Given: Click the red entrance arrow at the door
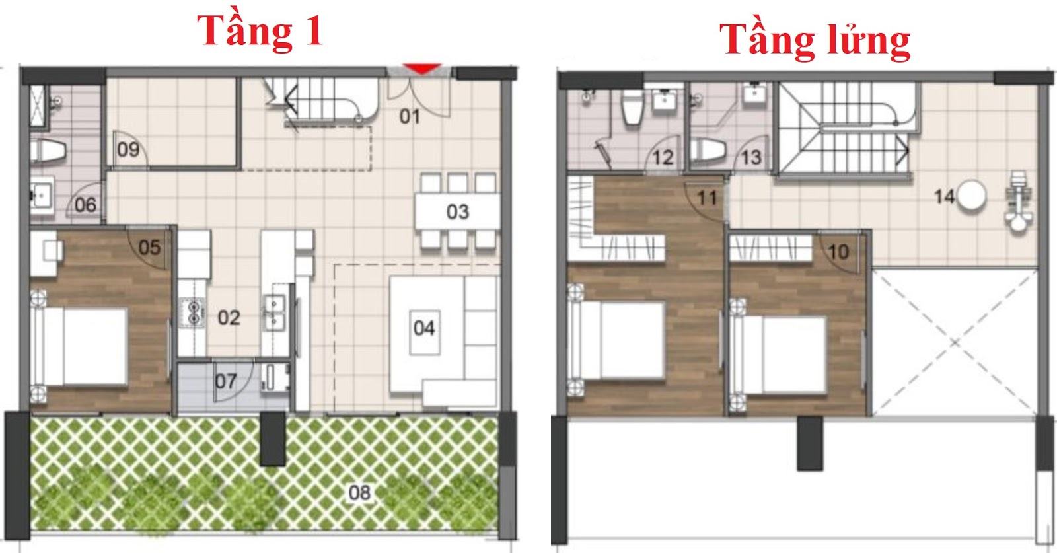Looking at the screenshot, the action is coord(422,69).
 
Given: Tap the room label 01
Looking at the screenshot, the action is coord(410,116).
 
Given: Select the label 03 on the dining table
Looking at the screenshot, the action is coord(457,212).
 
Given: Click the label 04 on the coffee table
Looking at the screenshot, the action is coord(423,328).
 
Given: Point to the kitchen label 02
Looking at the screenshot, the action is coord(229,318).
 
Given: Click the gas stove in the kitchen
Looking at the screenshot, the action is coord(192,313).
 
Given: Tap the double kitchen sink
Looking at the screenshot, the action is coord(274,313).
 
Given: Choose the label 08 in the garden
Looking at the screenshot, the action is coord(359,493).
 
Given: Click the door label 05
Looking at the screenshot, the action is coord(149,248).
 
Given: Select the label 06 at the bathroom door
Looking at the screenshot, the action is coord(85,205).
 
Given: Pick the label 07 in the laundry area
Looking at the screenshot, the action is coord(225,381).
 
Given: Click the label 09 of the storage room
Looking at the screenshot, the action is coord(128,149).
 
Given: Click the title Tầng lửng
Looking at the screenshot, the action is coord(815,42).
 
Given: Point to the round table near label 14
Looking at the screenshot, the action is coord(972,196).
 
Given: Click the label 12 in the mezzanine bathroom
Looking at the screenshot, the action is coord(663,158).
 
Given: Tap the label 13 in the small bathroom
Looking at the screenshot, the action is coord(751,158).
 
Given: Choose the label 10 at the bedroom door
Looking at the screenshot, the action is coord(838,252).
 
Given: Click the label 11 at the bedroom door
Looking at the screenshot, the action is coord(707,198).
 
